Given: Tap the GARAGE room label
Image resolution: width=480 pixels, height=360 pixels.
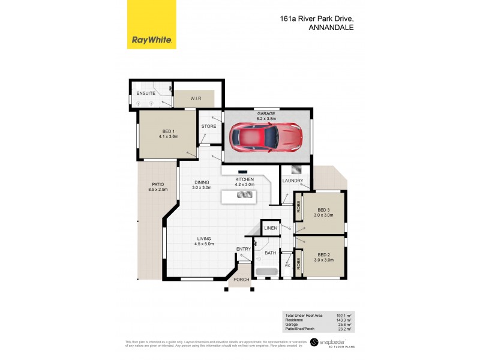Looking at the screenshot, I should click(266, 113).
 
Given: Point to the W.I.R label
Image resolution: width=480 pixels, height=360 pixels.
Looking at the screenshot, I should click(196, 98).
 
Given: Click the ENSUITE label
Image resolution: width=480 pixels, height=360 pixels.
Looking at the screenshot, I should click(146, 94).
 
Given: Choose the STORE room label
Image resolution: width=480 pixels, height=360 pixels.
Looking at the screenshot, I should click(208, 127).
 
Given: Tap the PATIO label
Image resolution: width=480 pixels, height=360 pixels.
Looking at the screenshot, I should click(158, 185).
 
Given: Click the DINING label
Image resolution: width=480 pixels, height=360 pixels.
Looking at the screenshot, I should click(201, 183).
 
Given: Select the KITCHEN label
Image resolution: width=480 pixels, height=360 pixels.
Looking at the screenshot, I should click(245, 179).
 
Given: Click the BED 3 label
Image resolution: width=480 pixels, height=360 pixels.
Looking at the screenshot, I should click(325, 210).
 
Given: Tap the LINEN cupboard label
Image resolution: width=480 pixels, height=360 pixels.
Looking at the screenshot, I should click(271, 229).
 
